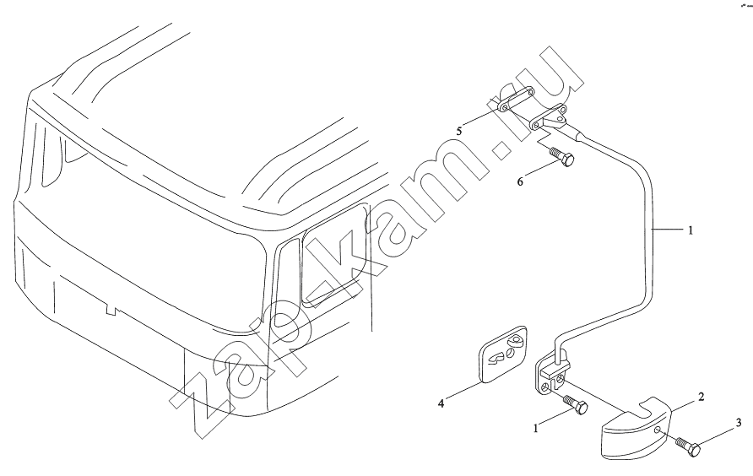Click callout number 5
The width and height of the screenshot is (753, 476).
tap(459, 131)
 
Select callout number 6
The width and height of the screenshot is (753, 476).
tap(520, 181)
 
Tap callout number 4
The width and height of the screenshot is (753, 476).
tap(441, 403)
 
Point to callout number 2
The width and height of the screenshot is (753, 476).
tap(702, 397)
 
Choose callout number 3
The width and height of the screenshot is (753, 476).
tap(739, 423)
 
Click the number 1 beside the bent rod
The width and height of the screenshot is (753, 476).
tap(691, 230)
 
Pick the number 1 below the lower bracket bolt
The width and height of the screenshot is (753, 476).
tap(536, 429)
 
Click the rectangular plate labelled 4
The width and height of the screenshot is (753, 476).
tap(503, 355)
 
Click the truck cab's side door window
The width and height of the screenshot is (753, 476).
tap(336, 257)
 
